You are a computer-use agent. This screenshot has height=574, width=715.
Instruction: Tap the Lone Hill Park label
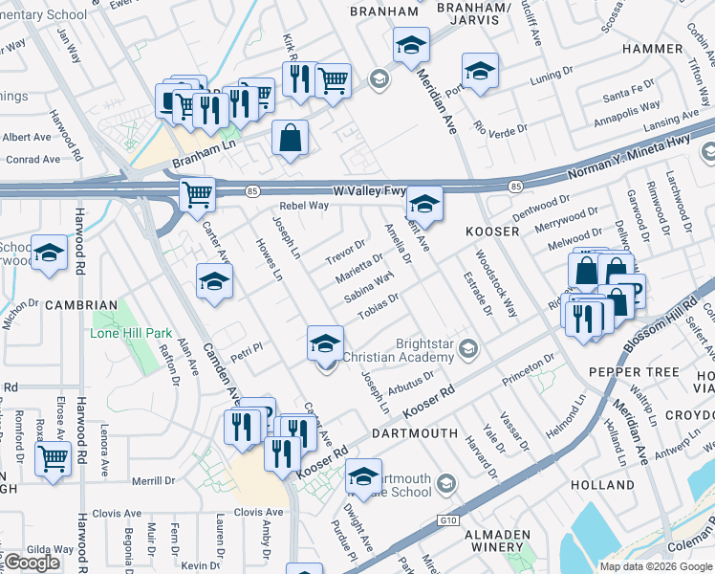(131, 333)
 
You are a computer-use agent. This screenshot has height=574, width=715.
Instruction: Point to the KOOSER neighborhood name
(491, 232)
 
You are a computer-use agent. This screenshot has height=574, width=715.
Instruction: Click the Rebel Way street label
(304, 206)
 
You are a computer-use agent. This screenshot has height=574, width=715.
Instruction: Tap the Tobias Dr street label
(378, 307)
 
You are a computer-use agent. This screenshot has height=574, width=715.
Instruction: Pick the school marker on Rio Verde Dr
(480, 70)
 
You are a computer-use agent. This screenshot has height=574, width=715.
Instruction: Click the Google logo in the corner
(32, 563)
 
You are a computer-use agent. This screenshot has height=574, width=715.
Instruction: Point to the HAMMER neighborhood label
(651, 48)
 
